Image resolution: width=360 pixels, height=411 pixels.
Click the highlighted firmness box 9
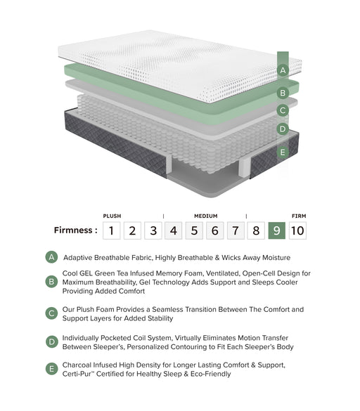(x=277, y=230)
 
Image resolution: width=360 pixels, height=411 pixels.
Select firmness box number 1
(x=111, y=230)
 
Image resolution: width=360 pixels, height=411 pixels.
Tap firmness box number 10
(x=297, y=230)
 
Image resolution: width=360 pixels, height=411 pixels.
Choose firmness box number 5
(x=194, y=230)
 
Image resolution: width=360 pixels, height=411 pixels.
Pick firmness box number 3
(x=153, y=230)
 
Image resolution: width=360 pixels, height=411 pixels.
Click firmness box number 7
(x=236, y=230)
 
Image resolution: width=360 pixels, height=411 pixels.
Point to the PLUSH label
(x=112, y=216)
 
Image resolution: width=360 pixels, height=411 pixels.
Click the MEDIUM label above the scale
(x=205, y=216)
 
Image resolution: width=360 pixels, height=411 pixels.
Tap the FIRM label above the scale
(x=297, y=216)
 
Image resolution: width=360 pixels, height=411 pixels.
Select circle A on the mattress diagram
(x=283, y=70)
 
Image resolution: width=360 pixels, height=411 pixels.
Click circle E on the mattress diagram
(x=283, y=152)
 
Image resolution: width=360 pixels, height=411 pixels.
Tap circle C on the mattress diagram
(x=283, y=110)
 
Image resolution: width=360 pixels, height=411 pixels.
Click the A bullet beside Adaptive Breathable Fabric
(x=51, y=257)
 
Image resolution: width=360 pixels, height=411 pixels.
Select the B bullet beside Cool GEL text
(x=51, y=282)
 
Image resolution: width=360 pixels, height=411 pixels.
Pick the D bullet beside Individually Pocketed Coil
(x=51, y=342)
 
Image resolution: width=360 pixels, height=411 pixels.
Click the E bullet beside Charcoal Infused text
(x=51, y=369)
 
